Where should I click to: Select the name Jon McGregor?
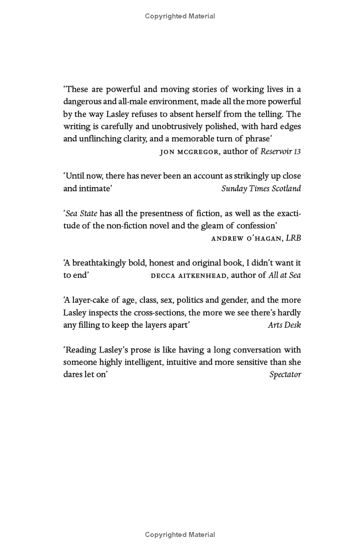pos(189,152)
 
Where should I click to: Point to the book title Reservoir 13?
pos(280,152)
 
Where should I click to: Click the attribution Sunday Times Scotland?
pos(261,188)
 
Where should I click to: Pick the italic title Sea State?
pos(81,213)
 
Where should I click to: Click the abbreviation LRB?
pos(293,238)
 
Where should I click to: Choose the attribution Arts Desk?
pos(284,325)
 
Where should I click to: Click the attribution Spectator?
pos(285,374)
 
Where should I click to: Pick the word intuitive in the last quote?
pos(181,362)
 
